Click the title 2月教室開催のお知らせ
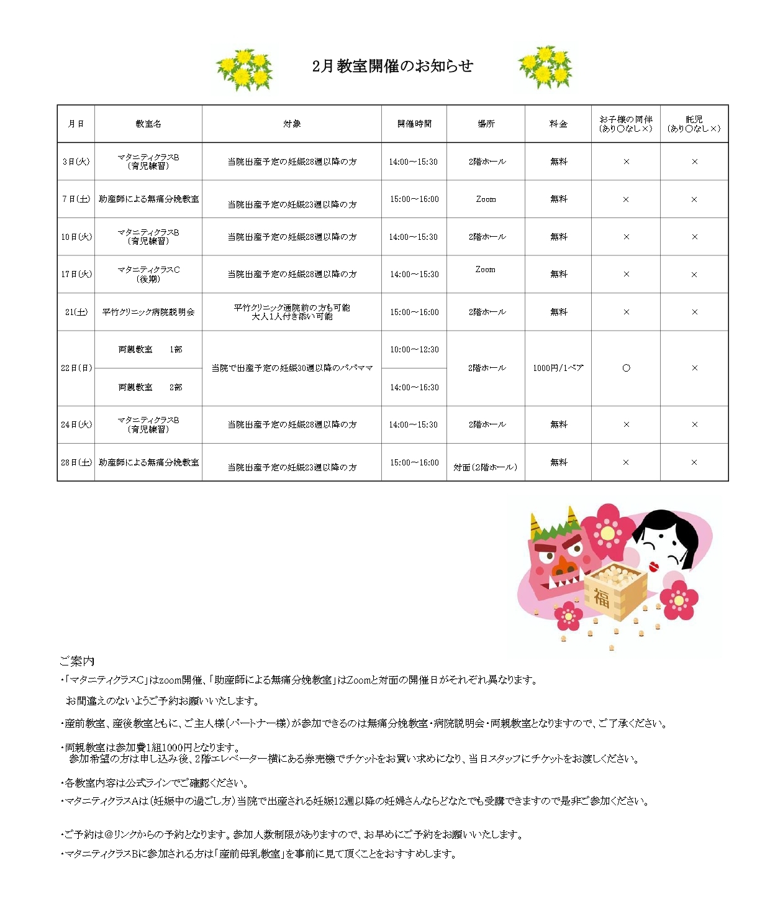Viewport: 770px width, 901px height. pyautogui.click(x=392, y=66)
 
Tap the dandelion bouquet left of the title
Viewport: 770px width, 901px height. pyautogui.click(x=244, y=68)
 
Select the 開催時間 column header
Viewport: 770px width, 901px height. pyautogui.click(x=414, y=124)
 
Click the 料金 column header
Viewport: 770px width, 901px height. pyautogui.click(x=558, y=124)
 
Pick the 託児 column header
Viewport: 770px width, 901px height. pyautogui.click(x=694, y=124)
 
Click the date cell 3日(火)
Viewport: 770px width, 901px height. pyautogui.click(x=76, y=162)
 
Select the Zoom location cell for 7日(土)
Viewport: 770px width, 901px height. pyautogui.click(x=486, y=199)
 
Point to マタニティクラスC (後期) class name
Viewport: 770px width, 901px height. pyautogui.click(x=148, y=274)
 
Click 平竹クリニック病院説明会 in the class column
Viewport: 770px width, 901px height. pyautogui.click(x=148, y=312)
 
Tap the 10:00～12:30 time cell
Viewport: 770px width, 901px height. pyautogui.click(x=414, y=350)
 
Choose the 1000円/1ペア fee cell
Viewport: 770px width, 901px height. pyautogui.click(x=558, y=368)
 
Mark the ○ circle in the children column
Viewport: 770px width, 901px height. pyautogui.click(x=626, y=368)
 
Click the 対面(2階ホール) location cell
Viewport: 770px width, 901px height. pyautogui.click(x=486, y=467)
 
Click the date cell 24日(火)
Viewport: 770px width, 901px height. pyautogui.click(x=76, y=424)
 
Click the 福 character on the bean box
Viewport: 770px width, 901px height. pyautogui.click(x=601, y=598)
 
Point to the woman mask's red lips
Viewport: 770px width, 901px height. pyautogui.click(x=653, y=567)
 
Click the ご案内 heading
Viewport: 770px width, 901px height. pyautogui.click(x=77, y=661)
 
